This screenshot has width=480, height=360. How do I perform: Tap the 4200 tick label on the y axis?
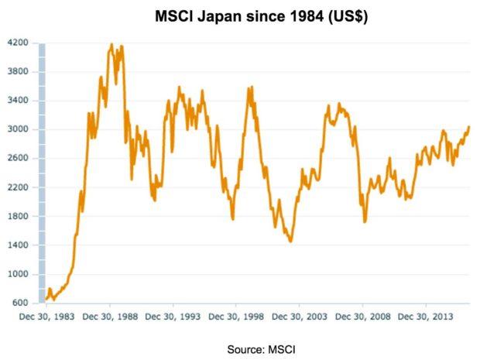click(19, 43)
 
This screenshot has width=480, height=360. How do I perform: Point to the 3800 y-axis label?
click(19, 71)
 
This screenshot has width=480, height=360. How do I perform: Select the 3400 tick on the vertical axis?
click(19, 101)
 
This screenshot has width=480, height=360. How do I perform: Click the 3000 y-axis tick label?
click(19, 129)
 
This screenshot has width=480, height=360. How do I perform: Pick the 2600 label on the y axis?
click(19, 158)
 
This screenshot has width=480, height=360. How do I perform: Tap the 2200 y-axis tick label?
click(19, 187)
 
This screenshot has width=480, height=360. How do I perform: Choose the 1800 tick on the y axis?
click(19, 216)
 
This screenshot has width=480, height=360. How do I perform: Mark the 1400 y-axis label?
click(19, 245)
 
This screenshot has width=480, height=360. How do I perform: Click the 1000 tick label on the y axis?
click(19, 274)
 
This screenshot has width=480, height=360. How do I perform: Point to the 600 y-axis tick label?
click(20, 303)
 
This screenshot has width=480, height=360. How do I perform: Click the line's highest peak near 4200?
click(112, 44)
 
